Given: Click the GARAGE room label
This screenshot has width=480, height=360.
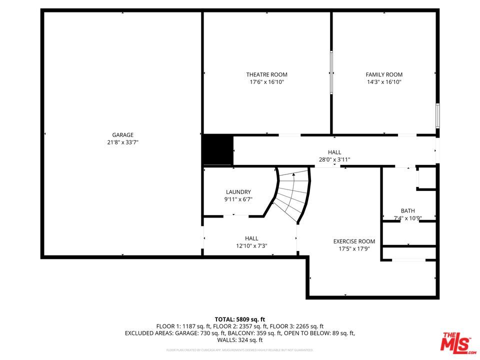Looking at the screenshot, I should [122, 135].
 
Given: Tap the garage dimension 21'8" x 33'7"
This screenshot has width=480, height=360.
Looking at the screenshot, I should [122, 142].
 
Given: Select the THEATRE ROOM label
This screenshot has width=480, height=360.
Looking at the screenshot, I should [266, 75].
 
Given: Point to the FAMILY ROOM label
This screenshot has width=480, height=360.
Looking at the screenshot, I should [384, 75].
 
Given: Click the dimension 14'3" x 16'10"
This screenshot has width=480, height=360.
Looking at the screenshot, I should [384, 82].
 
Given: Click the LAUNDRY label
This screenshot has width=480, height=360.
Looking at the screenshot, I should [238, 192].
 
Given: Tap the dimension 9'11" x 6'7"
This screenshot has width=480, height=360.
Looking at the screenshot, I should [238, 199].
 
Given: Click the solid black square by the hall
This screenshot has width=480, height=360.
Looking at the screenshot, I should [217, 150].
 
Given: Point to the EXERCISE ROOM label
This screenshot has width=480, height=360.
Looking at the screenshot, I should [354, 241].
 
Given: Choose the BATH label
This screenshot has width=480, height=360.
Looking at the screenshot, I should [407, 211].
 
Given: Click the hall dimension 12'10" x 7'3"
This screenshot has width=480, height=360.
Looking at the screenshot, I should [251, 245].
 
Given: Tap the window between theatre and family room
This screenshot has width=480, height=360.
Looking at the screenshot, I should [331, 72].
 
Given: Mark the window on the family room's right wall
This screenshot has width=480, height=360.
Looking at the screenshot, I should [437, 115].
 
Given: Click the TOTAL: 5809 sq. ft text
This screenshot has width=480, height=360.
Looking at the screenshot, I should [239, 319].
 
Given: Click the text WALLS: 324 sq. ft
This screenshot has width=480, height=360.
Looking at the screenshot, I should [239, 340].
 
